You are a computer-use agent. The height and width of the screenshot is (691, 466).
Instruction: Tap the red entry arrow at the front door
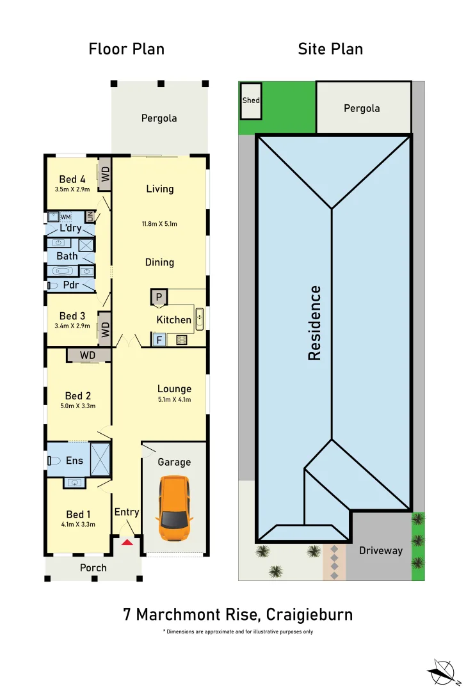pos(127,543)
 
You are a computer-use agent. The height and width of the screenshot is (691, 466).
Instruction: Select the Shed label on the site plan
pos(250,100)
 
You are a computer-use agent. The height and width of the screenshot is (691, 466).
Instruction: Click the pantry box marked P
pos(159,297)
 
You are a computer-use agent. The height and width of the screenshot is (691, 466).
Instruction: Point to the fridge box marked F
pos(159,340)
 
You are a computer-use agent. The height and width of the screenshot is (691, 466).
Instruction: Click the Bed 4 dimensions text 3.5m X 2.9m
pos(72,189)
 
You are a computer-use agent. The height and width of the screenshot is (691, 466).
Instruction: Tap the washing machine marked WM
pos(65,217)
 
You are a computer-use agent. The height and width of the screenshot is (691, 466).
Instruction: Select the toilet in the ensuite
pos(54,461)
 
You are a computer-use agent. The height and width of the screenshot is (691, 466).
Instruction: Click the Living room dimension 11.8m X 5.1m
pos(159,224)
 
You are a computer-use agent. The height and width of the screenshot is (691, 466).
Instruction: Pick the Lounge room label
pos(174,389)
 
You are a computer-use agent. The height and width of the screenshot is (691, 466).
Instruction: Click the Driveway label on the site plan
pos(381,550)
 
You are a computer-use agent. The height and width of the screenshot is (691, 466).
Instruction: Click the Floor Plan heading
pos(126,49)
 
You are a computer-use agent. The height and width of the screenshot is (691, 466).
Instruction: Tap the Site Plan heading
pos(330,49)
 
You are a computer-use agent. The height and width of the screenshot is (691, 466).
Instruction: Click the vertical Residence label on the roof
pos(314,323)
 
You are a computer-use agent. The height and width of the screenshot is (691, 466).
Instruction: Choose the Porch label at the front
pos(93,568)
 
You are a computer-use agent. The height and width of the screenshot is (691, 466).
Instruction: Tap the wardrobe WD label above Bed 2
pos(88,355)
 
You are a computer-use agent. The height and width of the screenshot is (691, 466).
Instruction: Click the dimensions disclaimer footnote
pos(238,631)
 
